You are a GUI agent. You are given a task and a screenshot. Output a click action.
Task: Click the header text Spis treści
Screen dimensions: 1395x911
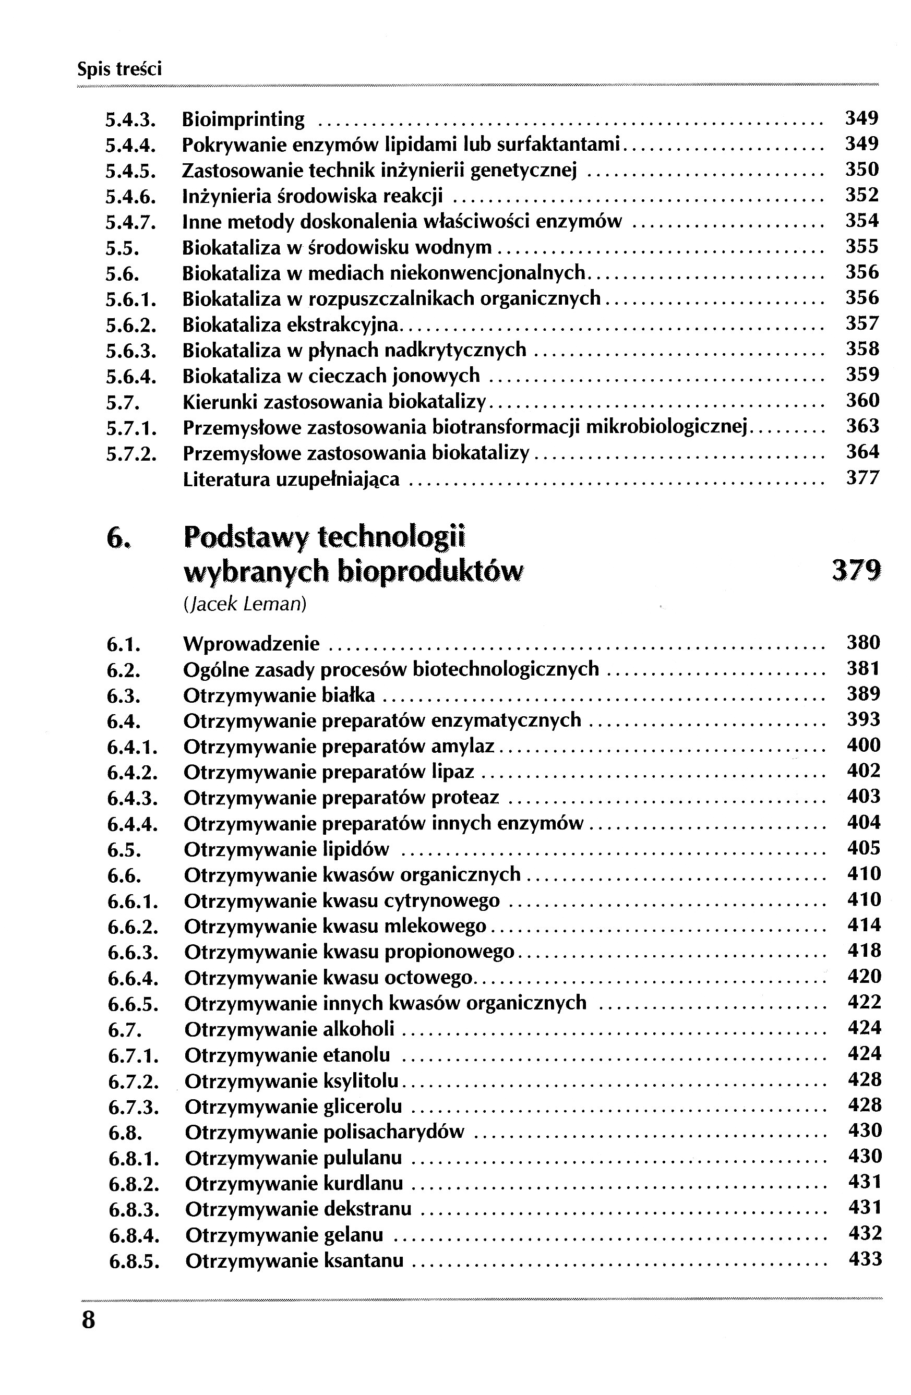[x=119, y=70]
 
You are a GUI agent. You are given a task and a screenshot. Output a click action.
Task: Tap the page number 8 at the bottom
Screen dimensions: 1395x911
[x=89, y=1320]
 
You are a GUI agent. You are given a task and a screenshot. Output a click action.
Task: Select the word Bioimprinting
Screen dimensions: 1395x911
[x=243, y=119]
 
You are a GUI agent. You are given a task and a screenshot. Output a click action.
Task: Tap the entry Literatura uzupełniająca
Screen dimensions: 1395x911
[x=291, y=479]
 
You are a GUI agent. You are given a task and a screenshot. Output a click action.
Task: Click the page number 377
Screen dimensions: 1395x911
[x=862, y=478]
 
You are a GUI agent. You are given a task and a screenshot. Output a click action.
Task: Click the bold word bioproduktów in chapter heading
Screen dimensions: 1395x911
[x=430, y=571]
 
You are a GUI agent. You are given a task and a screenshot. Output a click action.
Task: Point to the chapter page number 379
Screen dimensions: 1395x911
[x=857, y=570]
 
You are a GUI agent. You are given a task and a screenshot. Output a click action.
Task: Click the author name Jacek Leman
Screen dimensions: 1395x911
[x=245, y=604]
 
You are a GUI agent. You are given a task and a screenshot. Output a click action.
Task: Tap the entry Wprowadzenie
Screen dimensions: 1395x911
[x=251, y=644]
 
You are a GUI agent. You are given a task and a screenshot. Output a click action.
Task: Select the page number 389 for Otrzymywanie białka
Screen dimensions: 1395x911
[x=864, y=694]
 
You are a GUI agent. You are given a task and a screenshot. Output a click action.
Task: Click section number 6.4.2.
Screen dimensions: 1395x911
[x=133, y=773]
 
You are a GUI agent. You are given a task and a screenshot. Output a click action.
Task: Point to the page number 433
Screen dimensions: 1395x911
[x=865, y=1258]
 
